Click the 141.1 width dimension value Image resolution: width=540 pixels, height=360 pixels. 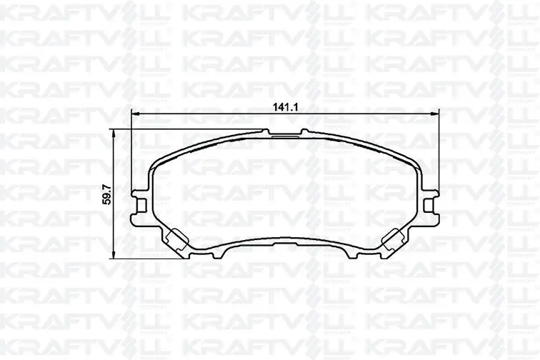click(x=285, y=107)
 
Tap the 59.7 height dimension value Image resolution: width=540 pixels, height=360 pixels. click(x=107, y=194)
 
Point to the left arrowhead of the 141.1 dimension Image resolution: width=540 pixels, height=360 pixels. click(x=136, y=114)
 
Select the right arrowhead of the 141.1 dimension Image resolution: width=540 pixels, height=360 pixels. click(x=436, y=114)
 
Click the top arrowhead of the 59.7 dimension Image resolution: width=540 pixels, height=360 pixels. click(x=114, y=133)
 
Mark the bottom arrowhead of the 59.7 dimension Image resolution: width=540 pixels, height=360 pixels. click(x=114, y=255)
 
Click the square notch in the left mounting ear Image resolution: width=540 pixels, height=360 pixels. click(x=141, y=206)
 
